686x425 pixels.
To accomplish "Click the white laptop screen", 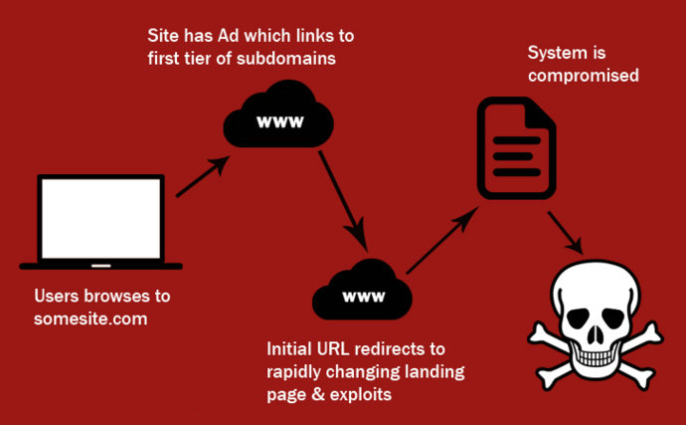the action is tap(101, 218).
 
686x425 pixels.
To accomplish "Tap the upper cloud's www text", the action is tap(280, 121).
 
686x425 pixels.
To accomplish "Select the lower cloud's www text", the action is tap(364, 297).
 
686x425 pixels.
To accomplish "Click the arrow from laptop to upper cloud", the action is tap(203, 176).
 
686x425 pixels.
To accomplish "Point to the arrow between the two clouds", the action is tap(343, 201).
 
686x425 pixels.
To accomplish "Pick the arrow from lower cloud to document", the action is tap(442, 240).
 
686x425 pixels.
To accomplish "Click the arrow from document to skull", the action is tap(566, 233).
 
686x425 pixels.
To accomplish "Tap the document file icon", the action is tap(516, 148).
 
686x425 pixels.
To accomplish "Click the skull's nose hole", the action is tap(595, 335).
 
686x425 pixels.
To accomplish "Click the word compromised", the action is tap(584, 76).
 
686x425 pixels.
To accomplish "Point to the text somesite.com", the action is tap(90, 319).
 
